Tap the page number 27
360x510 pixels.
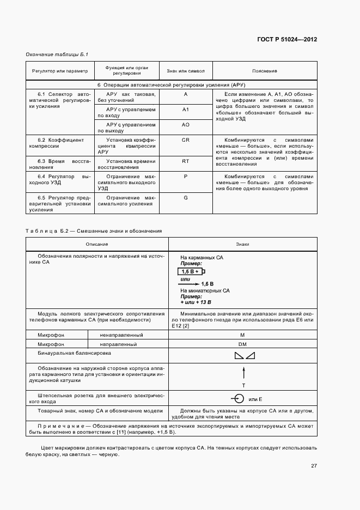tap(314, 466)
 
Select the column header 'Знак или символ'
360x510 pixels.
tap(185, 71)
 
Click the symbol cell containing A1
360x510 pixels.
tap(185, 110)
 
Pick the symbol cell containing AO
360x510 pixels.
tap(185, 125)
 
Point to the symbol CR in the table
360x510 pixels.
tap(185, 140)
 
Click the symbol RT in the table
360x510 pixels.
tap(185, 161)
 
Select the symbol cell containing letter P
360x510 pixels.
tap(185, 177)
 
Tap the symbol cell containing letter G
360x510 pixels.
tap(185, 197)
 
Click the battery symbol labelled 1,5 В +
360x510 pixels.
tap(191, 271)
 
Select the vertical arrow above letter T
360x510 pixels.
tap(243, 374)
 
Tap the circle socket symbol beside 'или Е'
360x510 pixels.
tap(236, 398)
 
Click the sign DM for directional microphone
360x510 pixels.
tap(243, 345)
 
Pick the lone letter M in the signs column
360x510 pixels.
tap(243, 335)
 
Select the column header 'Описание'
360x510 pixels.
tap(97, 244)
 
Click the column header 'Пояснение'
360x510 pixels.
tap(265, 71)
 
